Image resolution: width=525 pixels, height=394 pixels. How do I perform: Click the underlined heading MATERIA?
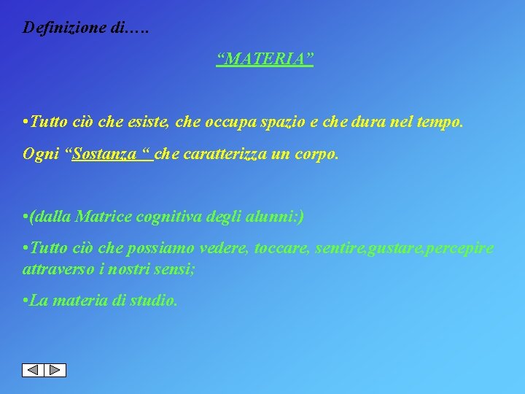[265, 58]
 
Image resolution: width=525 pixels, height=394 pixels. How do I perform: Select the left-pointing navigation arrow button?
[33, 370]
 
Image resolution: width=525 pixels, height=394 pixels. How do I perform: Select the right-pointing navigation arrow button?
[55, 370]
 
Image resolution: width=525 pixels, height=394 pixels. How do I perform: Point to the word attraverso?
[54, 268]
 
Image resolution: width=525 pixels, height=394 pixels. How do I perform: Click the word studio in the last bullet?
[155, 301]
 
